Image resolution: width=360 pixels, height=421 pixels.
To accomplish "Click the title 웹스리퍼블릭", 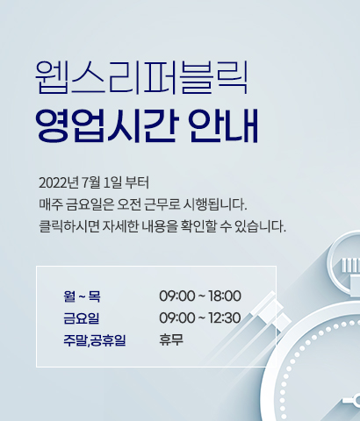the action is pos(141,77).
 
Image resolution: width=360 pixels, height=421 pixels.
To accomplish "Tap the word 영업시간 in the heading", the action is pos(107,125).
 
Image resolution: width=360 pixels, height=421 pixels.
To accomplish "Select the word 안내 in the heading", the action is pos(223,125).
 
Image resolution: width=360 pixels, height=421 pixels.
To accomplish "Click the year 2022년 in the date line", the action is pos(59,183).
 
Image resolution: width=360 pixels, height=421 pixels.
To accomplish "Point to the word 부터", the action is pos(137,182).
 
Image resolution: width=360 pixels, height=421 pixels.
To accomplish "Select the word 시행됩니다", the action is pos(215,204).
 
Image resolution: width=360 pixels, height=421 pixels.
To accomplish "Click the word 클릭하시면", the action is pos(69,226).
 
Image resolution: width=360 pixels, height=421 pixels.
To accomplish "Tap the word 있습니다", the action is pos(260,226).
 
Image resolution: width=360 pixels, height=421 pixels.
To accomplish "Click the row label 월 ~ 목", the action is pos(82,296).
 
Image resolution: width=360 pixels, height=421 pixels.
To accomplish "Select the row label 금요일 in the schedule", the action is pos(82,318).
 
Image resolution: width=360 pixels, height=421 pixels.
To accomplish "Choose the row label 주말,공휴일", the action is pos(95,340).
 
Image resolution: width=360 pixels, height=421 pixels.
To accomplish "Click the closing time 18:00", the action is pos(225,296).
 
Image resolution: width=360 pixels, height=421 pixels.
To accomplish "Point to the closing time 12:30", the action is pos(225,318).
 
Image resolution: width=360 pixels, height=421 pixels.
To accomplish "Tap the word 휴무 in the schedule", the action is pos(171,340).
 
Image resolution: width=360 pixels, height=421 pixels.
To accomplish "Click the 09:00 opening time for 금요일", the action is pos(177,318).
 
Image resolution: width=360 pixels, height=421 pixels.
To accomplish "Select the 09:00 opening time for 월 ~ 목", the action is pos(177,296).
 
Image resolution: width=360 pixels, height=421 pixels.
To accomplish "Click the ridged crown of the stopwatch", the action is pos(351,265).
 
